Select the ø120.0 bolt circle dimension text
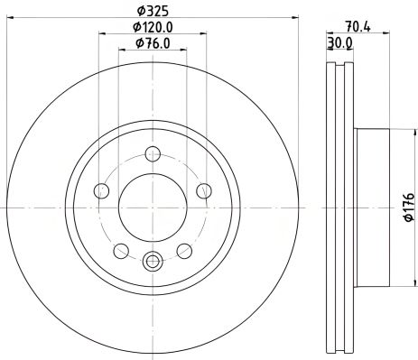pos(153,27)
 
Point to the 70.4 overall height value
pos(357,27)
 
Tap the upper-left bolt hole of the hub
pos(102,190)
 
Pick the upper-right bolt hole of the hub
pos(204,190)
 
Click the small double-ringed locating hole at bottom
pos(153,263)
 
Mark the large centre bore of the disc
pos(153,207)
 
